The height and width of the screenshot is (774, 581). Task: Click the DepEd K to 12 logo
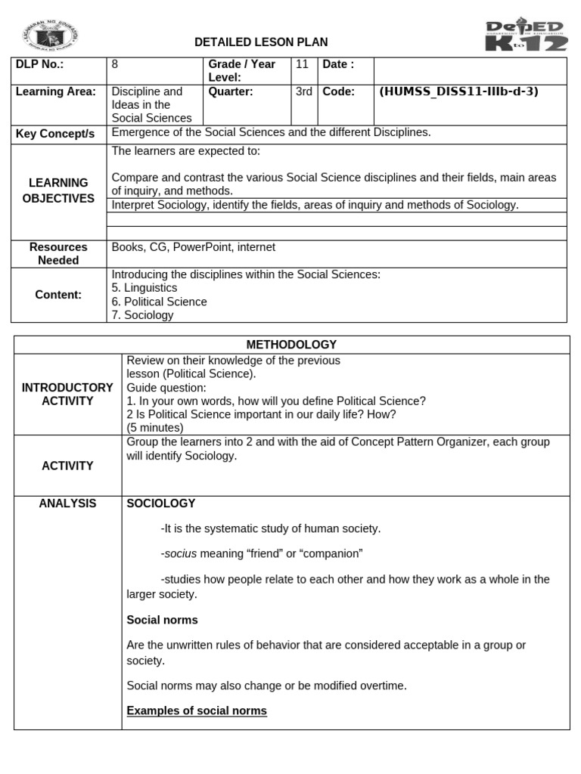[x=525, y=36]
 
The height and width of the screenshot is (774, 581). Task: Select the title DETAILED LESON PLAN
[x=261, y=42]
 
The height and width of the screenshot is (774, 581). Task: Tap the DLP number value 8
[x=115, y=64]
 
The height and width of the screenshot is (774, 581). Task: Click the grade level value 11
[x=302, y=64]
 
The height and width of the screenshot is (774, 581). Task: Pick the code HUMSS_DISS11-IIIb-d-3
[x=458, y=91]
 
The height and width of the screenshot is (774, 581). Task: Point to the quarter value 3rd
[x=304, y=91]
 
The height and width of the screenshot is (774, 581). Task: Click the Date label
[x=338, y=64]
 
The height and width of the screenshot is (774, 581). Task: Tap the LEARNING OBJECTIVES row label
[x=59, y=190]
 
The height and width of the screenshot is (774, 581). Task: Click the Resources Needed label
[x=58, y=253]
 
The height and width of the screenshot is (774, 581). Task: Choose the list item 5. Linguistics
[x=144, y=288]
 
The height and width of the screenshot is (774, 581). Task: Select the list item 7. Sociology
[x=143, y=315]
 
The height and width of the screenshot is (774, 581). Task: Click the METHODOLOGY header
[x=291, y=345]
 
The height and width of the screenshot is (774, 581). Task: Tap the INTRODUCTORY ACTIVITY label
[x=67, y=394]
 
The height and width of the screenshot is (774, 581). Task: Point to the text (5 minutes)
[x=155, y=428]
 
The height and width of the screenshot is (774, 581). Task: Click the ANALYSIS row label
[x=67, y=503]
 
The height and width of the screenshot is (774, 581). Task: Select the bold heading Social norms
[x=162, y=620]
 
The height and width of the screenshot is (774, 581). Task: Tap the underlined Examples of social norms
[x=197, y=711]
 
